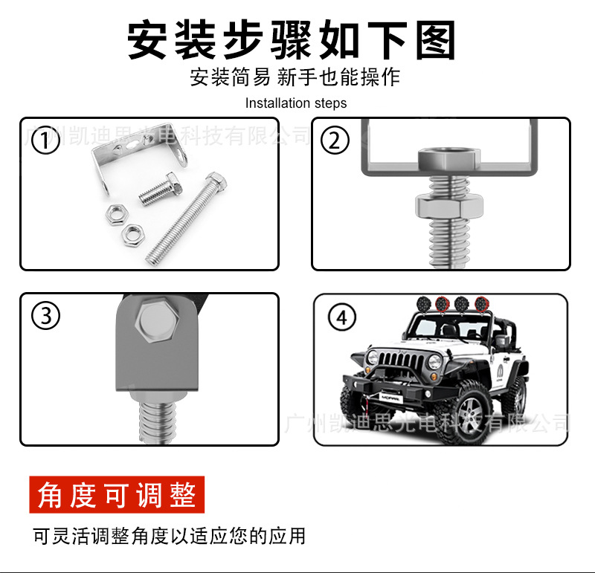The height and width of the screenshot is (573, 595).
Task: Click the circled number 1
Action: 46,140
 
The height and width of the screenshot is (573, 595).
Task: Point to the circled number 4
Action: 341,317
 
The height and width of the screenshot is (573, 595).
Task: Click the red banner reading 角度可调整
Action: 117,494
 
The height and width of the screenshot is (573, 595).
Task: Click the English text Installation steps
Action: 296,103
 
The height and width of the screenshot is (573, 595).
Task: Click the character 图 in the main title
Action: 434,39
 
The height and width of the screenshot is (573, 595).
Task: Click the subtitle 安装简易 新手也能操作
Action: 295,77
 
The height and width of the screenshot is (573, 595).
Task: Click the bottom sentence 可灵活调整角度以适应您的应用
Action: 170,535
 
